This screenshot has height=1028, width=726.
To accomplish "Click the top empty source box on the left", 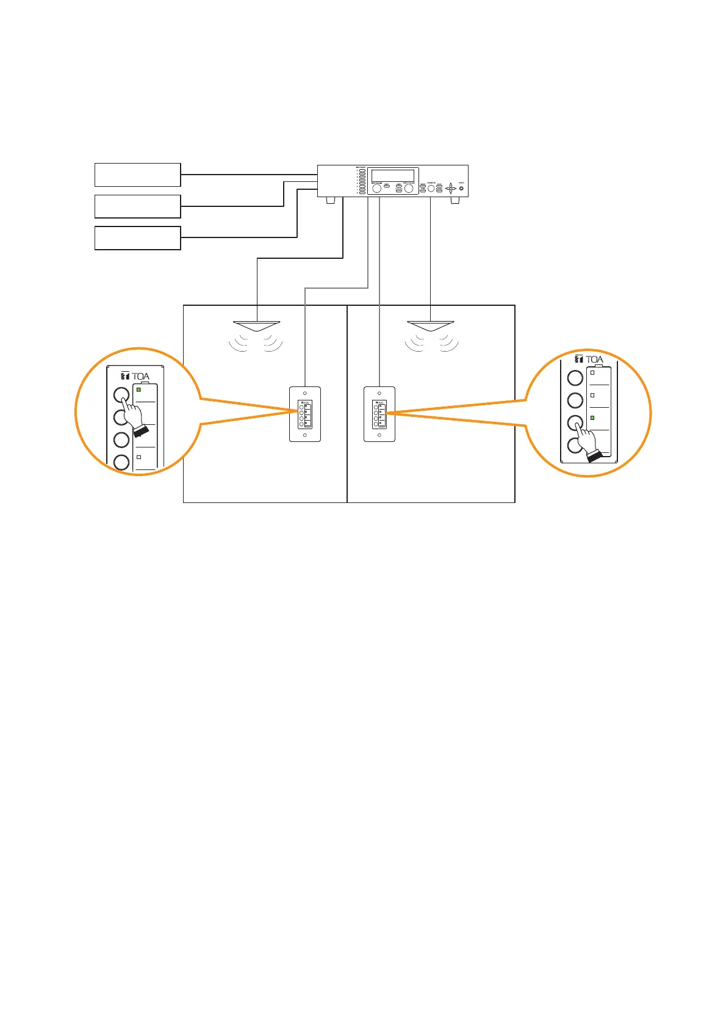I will click(137, 175).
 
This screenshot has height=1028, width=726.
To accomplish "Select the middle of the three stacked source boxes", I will click(137, 206).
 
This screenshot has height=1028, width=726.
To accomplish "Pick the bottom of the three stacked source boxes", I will click(137, 237).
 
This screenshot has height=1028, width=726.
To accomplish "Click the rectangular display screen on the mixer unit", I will click(392, 175).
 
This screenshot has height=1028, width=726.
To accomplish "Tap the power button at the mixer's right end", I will click(461, 188).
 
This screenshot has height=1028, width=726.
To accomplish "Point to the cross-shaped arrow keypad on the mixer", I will click(450, 188).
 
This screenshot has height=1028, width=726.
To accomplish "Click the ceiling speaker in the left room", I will click(257, 325).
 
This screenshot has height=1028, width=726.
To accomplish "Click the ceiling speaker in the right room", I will click(431, 325).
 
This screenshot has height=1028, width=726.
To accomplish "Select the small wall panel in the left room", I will click(304, 414).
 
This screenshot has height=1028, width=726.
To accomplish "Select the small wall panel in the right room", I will click(379, 414).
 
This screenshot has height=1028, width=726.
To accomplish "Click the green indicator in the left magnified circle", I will click(139, 389).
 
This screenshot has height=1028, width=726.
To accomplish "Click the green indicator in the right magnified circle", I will click(592, 418).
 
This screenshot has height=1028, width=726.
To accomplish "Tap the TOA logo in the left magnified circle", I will click(135, 376).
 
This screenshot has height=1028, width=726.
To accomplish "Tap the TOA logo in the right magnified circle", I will click(589, 360).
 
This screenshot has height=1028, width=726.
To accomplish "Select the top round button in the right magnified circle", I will click(575, 378).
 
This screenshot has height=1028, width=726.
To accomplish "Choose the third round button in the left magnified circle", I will click(121, 440).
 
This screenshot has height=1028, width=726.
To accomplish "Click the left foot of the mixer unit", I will click(331, 200).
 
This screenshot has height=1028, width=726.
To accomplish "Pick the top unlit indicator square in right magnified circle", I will click(592, 372).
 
